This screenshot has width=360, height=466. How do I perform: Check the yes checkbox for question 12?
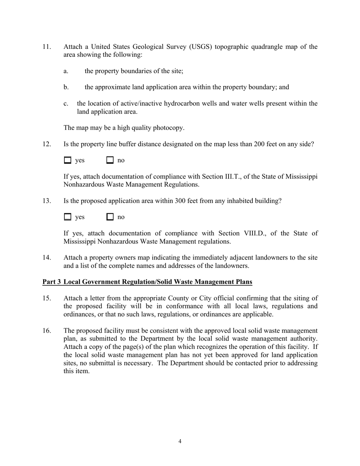pyautogui.click(x=67, y=160)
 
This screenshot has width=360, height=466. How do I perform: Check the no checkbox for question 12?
pyautogui.click(x=110, y=160)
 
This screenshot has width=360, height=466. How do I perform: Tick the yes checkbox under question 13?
pyautogui.click(x=67, y=217)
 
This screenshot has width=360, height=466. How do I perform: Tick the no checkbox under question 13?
pyautogui.click(x=110, y=217)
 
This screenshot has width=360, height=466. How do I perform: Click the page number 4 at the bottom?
pyautogui.click(x=180, y=441)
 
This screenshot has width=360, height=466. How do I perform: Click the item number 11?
pyautogui.click(x=46, y=47)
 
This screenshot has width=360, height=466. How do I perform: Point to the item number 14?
pyautogui.click(x=46, y=258)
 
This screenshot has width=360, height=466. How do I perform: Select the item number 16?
pyautogui.click(x=46, y=331)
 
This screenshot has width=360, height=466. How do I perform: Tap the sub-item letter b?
pyautogui.click(x=66, y=87)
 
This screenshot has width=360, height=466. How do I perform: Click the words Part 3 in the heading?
pyautogui.click(x=52, y=282)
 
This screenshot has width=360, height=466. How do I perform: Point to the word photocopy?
pyautogui.click(x=169, y=128)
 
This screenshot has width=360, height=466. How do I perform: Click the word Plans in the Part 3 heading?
pyautogui.click(x=243, y=282)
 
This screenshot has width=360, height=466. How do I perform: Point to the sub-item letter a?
pyautogui.click(x=66, y=71)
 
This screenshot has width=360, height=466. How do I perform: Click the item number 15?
pyautogui.click(x=46, y=298)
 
